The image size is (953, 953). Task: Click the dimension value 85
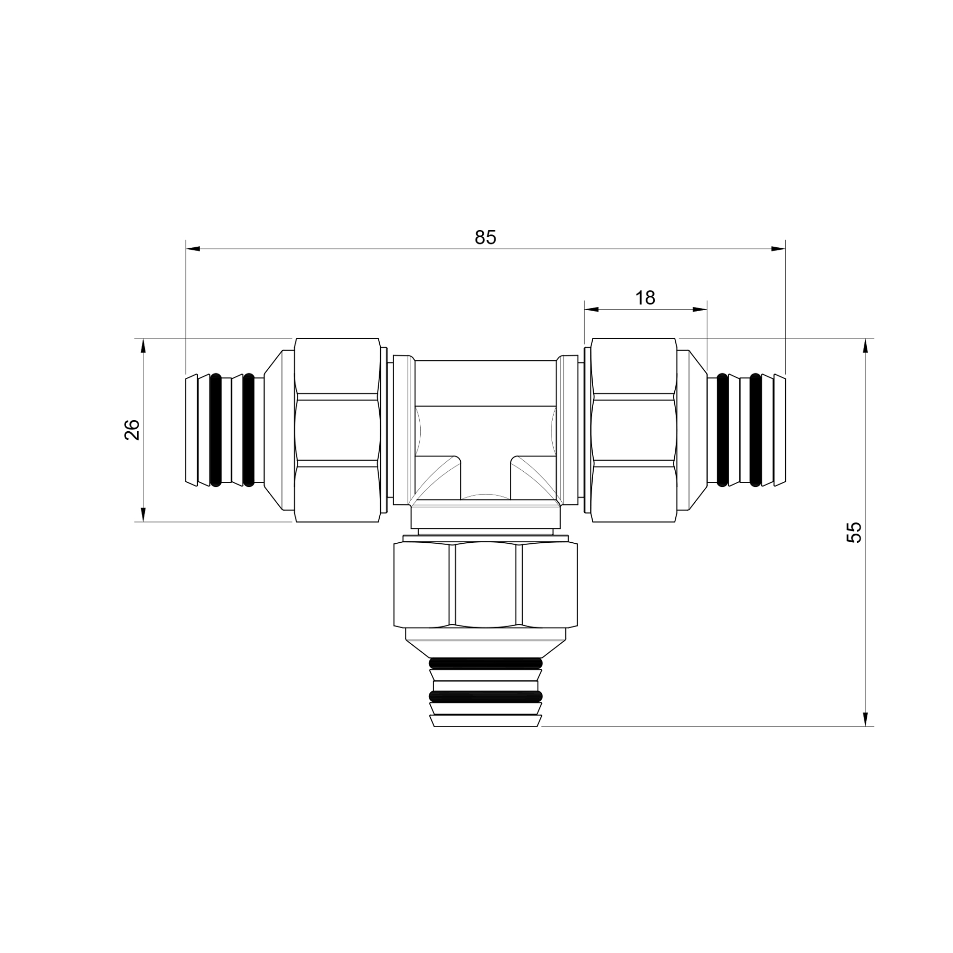coord(486,238)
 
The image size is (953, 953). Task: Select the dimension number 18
coord(645,298)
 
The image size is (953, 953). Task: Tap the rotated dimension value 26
coord(132,430)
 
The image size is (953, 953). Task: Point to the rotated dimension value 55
coord(854,532)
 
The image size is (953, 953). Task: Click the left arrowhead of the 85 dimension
coord(193,249)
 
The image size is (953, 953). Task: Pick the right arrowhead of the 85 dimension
coord(779,249)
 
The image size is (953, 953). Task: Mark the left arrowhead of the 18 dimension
coord(591,309)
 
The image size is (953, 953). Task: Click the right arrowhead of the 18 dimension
coord(700,309)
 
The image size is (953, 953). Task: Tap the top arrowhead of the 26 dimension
coord(143,345)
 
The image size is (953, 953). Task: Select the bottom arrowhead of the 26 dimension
coord(143,515)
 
